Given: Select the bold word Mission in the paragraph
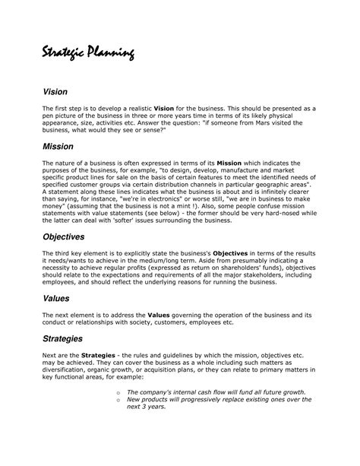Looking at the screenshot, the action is (x=230, y=163).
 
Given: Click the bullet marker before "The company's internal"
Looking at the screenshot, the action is (x=119, y=393).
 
